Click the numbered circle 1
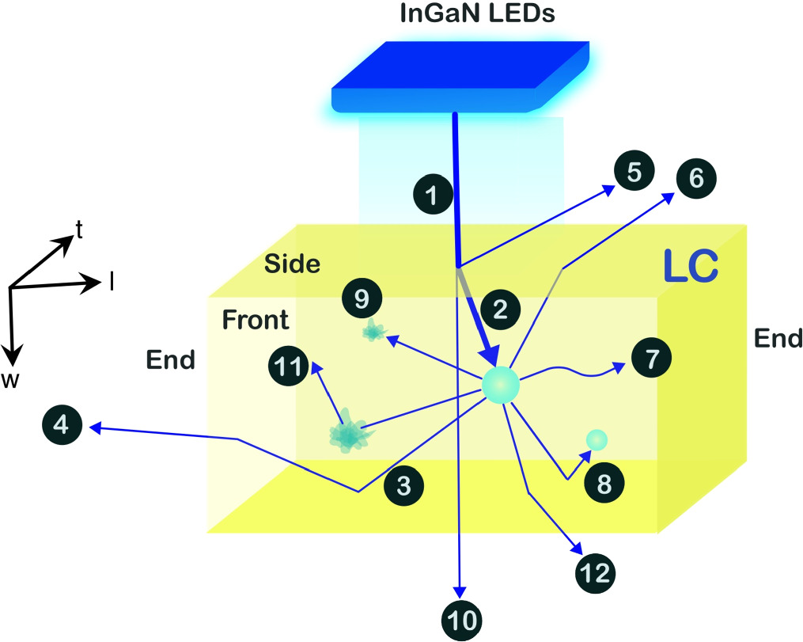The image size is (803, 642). click(x=433, y=194)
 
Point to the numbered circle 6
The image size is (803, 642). click(x=695, y=178)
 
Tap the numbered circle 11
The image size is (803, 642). click(x=290, y=368)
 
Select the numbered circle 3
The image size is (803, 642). click(x=403, y=485)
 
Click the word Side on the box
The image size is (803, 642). click(x=293, y=264)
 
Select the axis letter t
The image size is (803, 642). click(x=78, y=229)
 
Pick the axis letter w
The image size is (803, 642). click(x=10, y=381)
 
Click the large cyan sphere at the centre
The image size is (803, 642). click(x=501, y=386)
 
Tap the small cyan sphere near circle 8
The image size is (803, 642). click(x=597, y=439)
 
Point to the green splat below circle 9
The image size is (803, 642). click(x=372, y=332)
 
